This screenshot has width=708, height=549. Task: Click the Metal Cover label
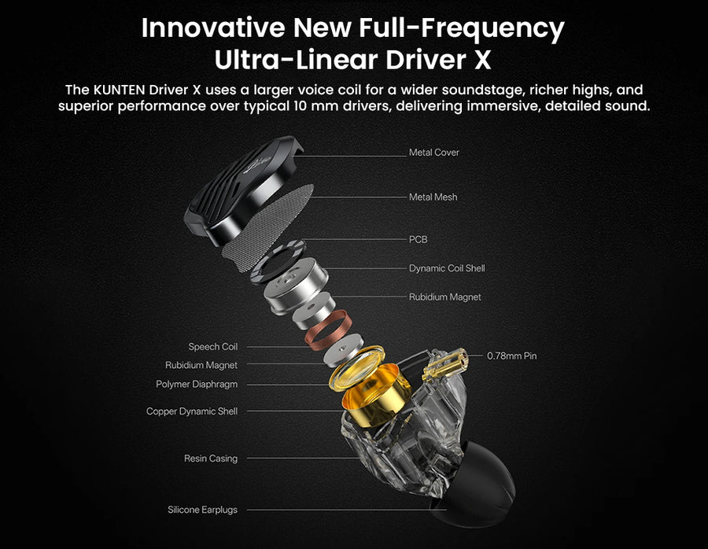click(x=434, y=153)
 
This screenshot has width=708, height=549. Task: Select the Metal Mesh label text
click(x=433, y=197)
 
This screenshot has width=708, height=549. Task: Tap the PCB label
click(x=419, y=239)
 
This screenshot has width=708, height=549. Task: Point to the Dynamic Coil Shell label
click(x=447, y=268)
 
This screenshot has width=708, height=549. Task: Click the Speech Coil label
click(x=212, y=347)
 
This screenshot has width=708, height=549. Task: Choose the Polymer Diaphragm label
click(x=197, y=384)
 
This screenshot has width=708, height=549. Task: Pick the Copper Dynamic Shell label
click(x=192, y=411)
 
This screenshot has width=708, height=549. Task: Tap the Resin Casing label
click(x=210, y=459)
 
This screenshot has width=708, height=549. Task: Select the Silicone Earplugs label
click(x=202, y=510)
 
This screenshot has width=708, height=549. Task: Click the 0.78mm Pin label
click(x=511, y=356)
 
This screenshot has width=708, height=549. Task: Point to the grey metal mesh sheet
click(x=268, y=227)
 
